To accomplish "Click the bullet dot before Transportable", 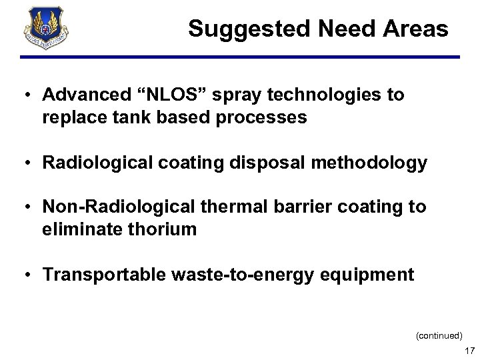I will tap(24, 275).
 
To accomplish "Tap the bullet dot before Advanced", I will tap(24, 95).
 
